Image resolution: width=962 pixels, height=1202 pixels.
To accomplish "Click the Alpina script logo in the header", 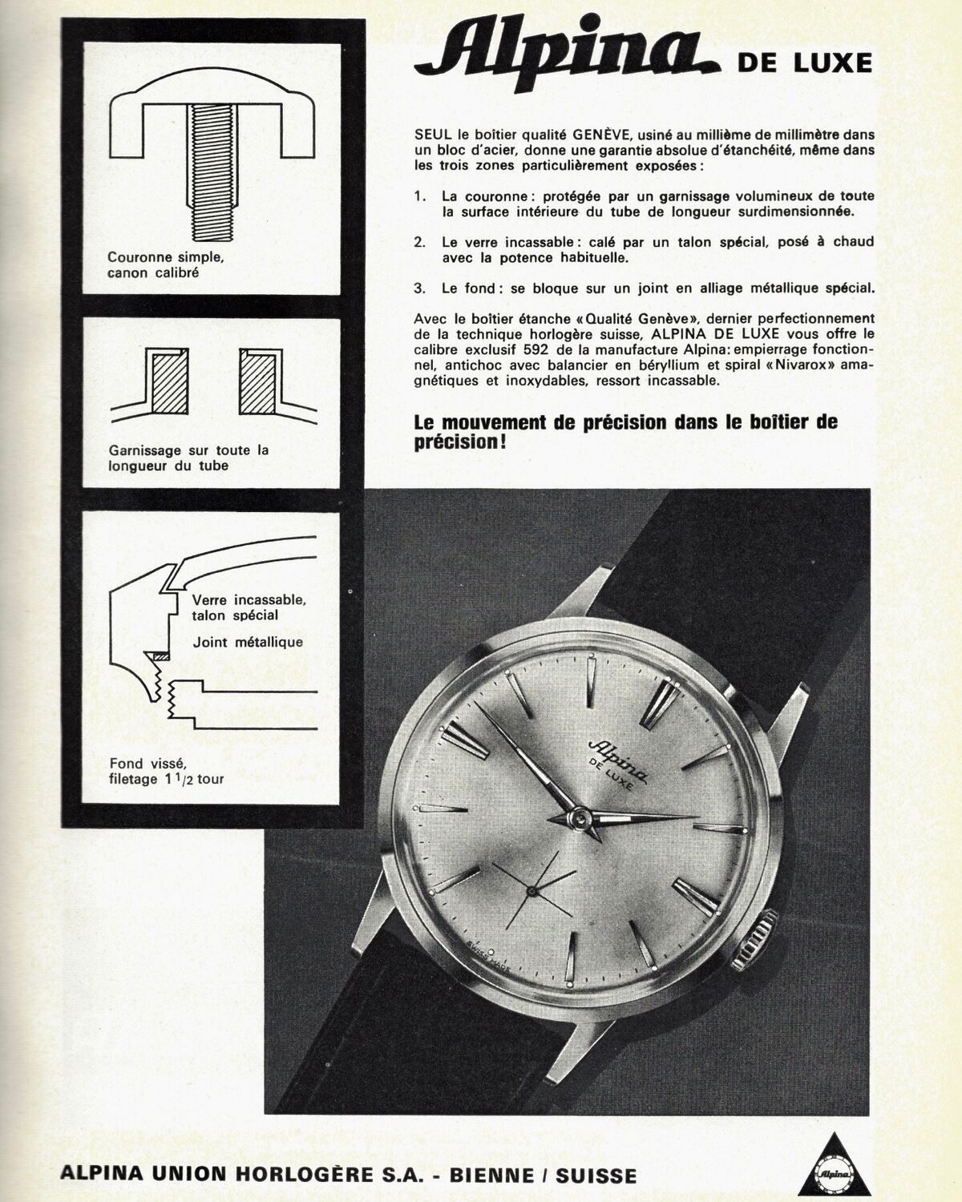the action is click(568, 60).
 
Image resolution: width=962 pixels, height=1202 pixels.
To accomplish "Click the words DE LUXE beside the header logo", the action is click(804, 63).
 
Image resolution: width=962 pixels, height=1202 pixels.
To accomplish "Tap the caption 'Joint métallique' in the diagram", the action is click(248, 643).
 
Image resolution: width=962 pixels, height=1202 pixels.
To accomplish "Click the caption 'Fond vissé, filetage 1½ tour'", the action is click(166, 771).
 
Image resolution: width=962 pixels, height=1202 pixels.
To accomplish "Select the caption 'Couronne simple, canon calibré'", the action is click(165, 265).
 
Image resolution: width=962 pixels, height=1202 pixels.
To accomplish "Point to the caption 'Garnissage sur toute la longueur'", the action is click(188, 458).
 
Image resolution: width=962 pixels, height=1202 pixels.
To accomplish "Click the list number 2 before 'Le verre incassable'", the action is click(420, 243).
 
